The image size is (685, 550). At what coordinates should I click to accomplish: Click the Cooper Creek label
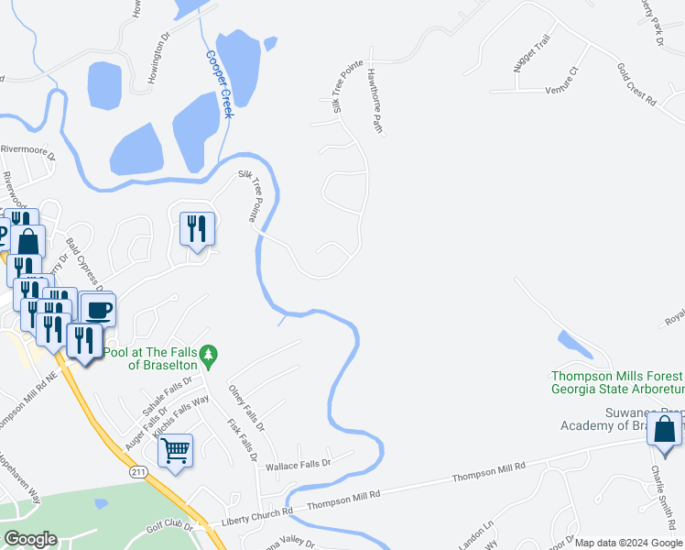[220, 82]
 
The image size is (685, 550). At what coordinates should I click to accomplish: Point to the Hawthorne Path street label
[374, 101]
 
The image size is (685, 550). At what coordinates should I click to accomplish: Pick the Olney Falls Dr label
[245, 408]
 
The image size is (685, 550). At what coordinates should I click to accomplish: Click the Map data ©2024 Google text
[627, 543]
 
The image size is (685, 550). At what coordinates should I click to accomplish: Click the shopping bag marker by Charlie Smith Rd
[664, 428]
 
